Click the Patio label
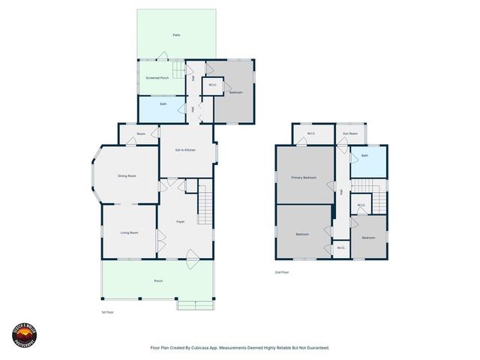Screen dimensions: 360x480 (176, 35)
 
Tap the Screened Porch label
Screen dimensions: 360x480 (156, 78)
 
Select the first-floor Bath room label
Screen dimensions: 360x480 (163, 104)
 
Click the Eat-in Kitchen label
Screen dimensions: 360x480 (185, 151)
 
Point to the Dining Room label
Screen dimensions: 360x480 (127, 175)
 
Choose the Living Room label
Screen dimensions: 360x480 (130, 232)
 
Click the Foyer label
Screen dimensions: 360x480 (181, 222)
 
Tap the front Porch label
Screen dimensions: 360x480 (158, 280)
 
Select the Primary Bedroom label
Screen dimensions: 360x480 (304, 178)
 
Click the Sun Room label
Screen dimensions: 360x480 (350, 134)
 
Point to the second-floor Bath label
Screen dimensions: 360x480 (364, 156)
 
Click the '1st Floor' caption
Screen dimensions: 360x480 (107, 311)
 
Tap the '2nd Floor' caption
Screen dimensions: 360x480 (282, 272)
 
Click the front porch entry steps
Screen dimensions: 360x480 (195, 304)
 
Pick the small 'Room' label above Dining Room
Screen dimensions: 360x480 (140, 134)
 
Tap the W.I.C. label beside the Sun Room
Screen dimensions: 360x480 (310, 134)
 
